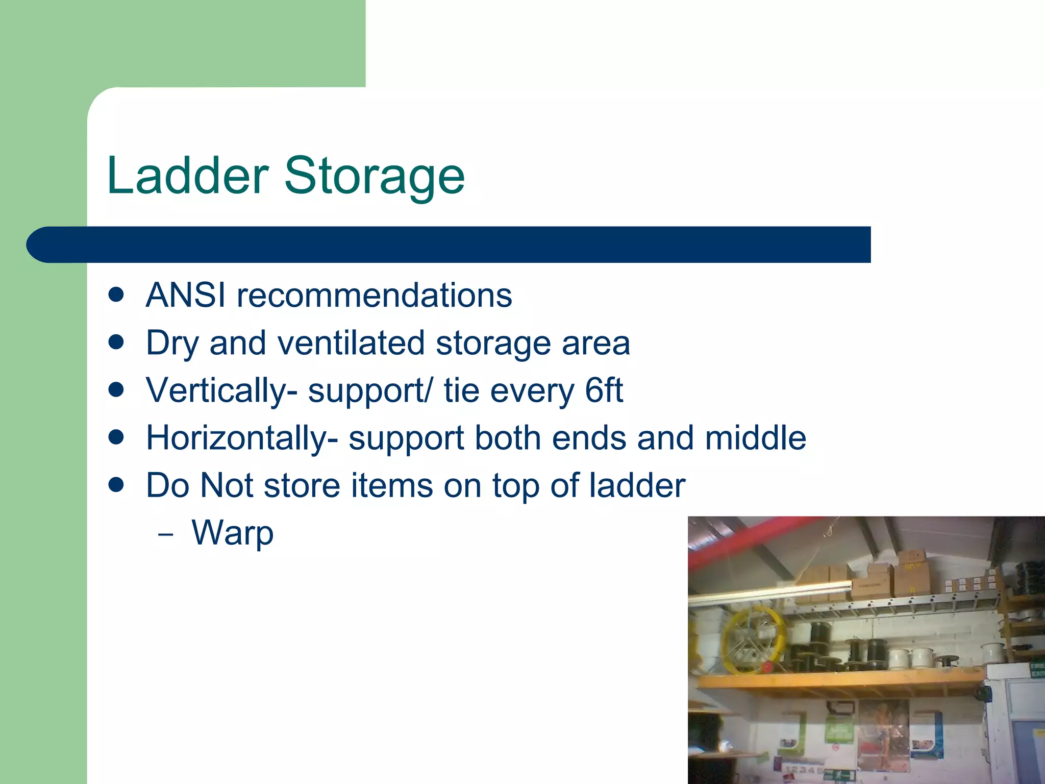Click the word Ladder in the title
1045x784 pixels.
(187, 176)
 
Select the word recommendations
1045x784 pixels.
(375, 296)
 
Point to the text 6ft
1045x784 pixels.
(604, 390)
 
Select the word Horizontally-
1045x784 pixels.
(242, 438)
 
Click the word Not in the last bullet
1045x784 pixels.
(227, 485)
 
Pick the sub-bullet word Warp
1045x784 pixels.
(233, 533)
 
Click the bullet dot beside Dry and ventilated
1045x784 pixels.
(117, 342)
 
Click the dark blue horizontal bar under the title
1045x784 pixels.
(449, 245)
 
